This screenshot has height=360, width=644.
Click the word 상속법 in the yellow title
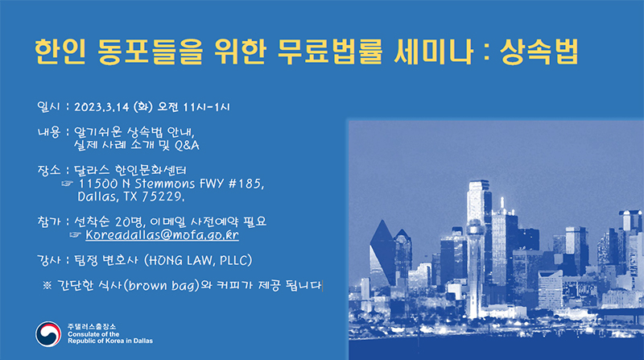[x=539, y=52]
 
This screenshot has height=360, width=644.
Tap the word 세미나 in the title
[x=433, y=52]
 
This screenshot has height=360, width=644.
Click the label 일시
[x=48, y=106]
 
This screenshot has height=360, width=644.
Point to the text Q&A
[x=187, y=146]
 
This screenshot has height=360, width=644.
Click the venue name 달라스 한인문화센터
[x=130, y=170]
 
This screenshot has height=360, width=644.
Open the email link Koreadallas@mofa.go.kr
[x=163, y=234]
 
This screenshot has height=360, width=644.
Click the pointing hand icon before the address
[x=67, y=184]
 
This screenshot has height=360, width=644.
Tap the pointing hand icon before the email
[x=75, y=234]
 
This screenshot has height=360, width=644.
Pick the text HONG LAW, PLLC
[x=198, y=261]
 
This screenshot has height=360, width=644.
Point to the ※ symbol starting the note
[x=47, y=285]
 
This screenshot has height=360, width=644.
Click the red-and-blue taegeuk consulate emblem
[x=48, y=333]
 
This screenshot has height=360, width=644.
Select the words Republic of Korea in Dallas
[x=110, y=341]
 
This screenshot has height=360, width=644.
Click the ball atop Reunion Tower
[x=475, y=229]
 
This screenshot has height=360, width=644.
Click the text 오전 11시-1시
[x=194, y=107]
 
